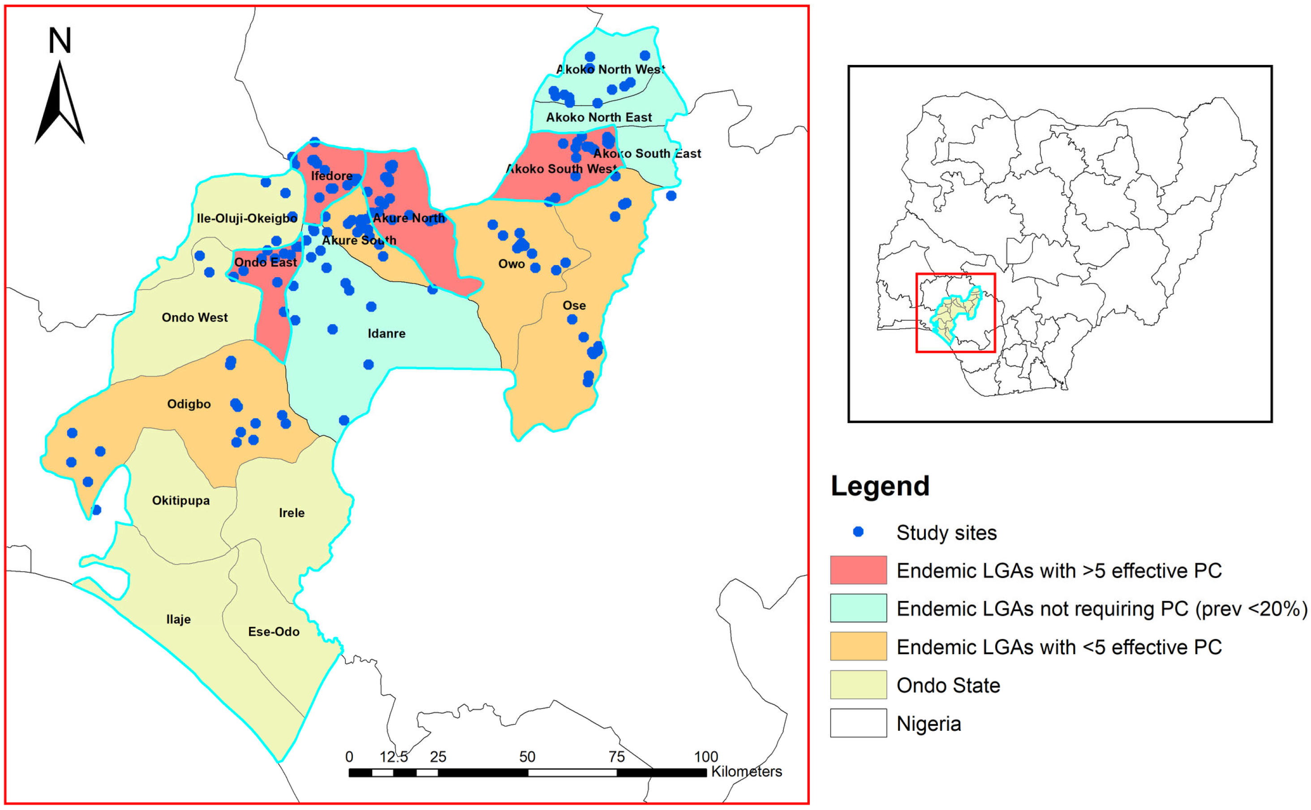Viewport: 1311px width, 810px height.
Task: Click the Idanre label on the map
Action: (386, 333)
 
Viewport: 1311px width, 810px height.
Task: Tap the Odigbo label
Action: (189, 404)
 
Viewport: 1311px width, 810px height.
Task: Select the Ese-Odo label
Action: (273, 632)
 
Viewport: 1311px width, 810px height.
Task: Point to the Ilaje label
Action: (178, 619)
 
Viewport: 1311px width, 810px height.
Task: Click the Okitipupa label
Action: (181, 500)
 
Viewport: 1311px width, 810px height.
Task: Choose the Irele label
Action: (292, 513)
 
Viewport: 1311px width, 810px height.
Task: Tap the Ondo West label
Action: (194, 317)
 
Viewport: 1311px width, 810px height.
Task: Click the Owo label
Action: (511, 264)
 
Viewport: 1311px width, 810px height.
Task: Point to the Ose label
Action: (574, 305)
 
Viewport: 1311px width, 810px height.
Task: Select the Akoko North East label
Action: (598, 117)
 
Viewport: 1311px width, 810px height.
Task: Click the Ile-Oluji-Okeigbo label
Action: (246, 218)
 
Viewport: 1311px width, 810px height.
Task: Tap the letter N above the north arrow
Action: (60, 41)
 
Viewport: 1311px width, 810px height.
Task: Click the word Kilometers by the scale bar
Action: (746, 771)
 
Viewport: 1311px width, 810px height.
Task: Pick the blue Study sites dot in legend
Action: (858, 532)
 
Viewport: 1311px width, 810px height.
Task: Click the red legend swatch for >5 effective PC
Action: (858, 570)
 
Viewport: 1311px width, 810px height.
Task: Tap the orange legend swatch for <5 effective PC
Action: (858, 646)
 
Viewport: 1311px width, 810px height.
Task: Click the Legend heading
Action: (879, 486)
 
